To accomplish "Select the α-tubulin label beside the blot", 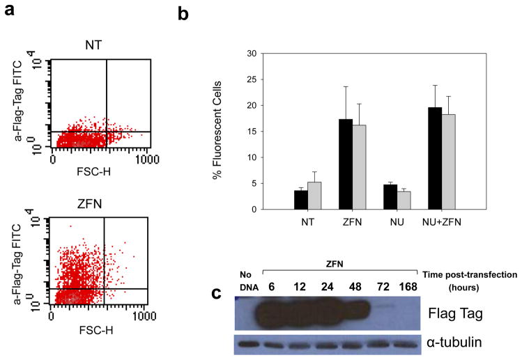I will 455,343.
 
